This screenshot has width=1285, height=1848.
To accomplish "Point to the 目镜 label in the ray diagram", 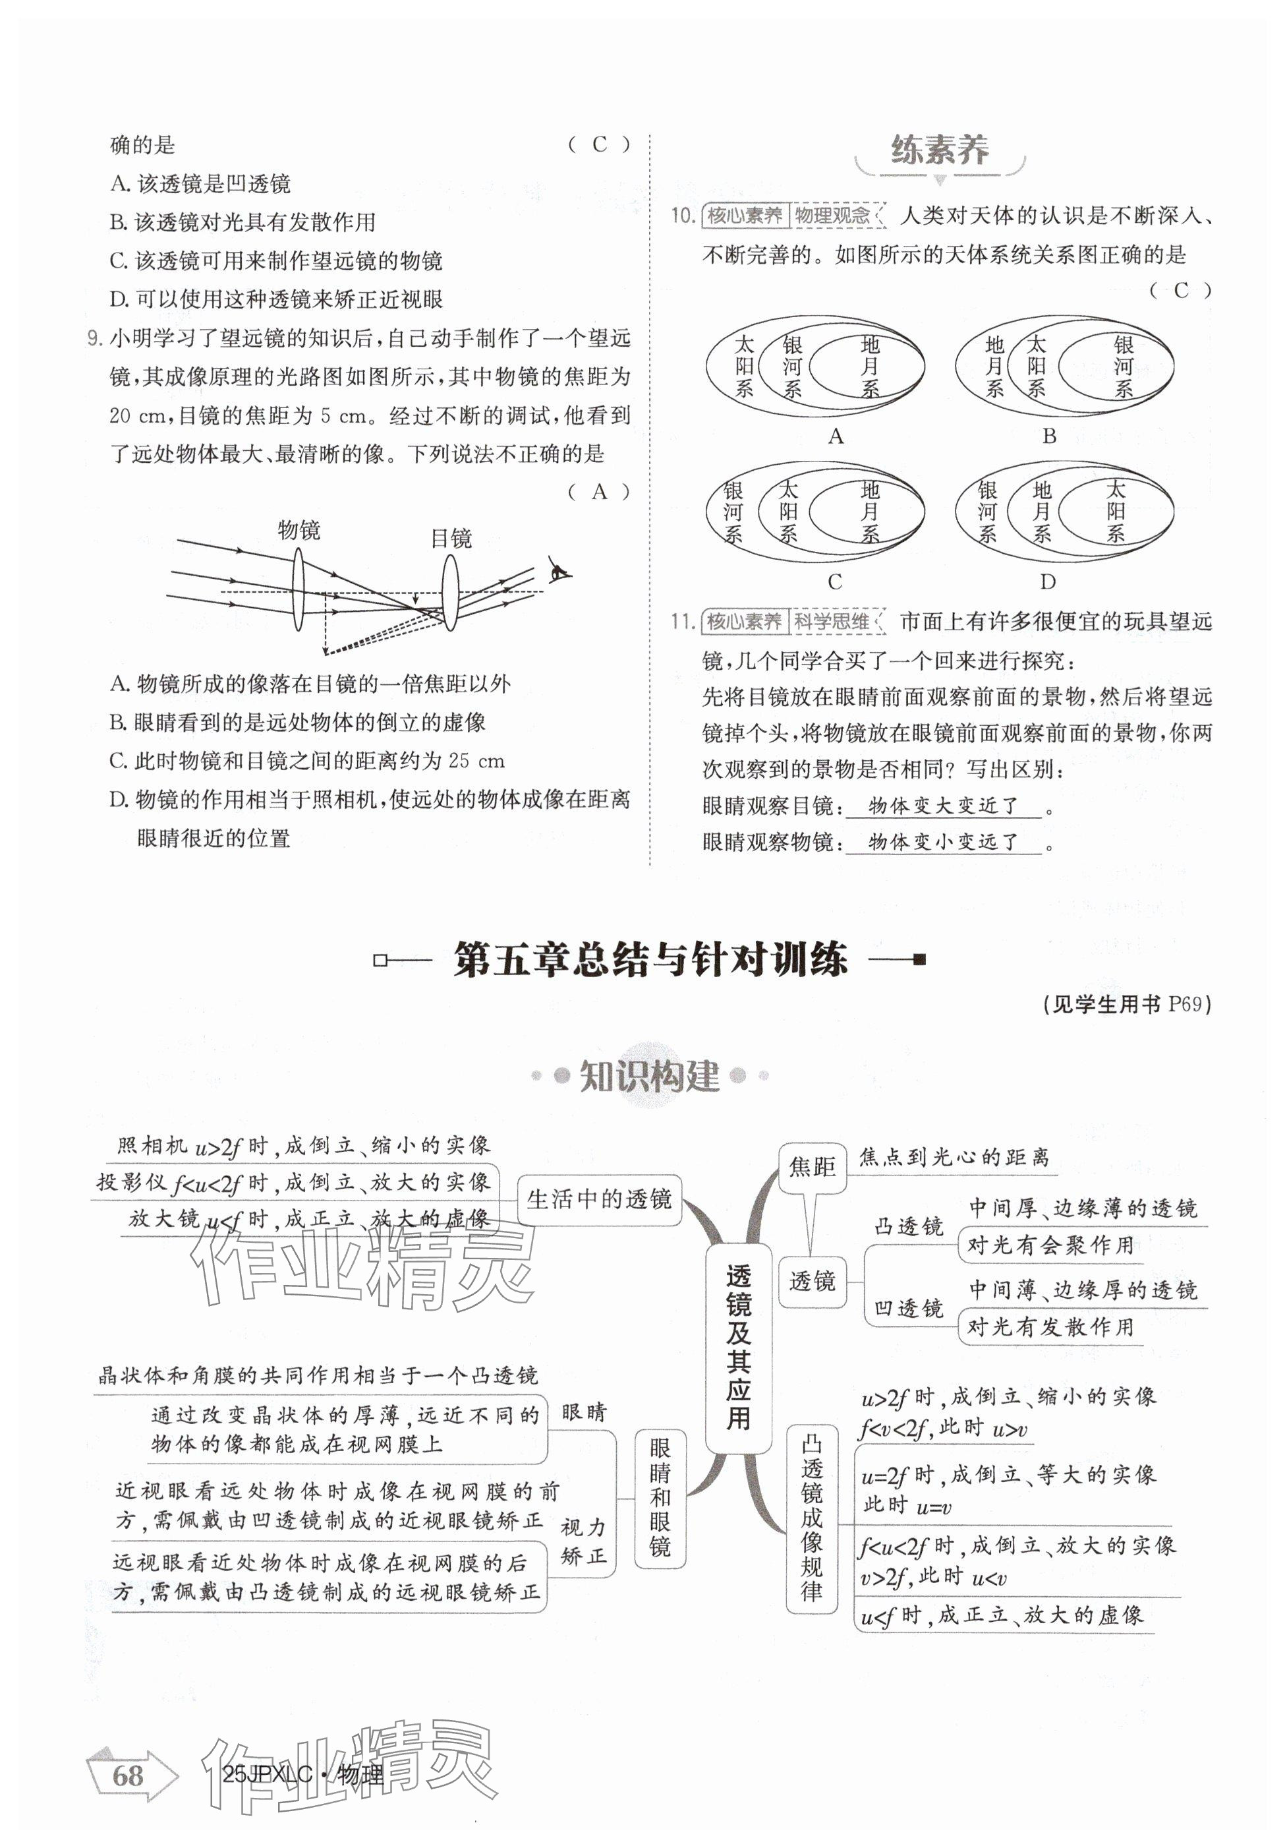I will (451, 539).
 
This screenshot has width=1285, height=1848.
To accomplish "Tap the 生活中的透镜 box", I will (598, 1199).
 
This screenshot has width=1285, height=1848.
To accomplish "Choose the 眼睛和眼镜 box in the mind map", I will (660, 1499).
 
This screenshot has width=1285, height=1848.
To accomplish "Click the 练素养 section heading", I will (939, 150).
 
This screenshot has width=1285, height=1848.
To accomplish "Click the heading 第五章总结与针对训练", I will (650, 959).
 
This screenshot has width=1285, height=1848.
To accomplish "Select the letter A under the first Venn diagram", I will (835, 436).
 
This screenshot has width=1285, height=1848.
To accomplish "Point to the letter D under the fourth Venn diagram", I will (1047, 581).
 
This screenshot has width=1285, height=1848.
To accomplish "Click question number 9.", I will (94, 338).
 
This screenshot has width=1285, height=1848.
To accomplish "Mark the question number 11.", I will (681, 621).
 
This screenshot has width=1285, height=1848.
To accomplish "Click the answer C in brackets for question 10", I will (1180, 291).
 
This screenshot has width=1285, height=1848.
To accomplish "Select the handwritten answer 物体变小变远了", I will (943, 842).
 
